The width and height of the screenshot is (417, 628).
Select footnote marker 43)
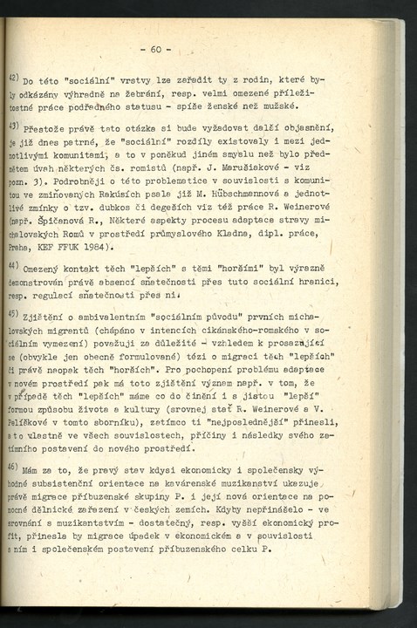[15, 126]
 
